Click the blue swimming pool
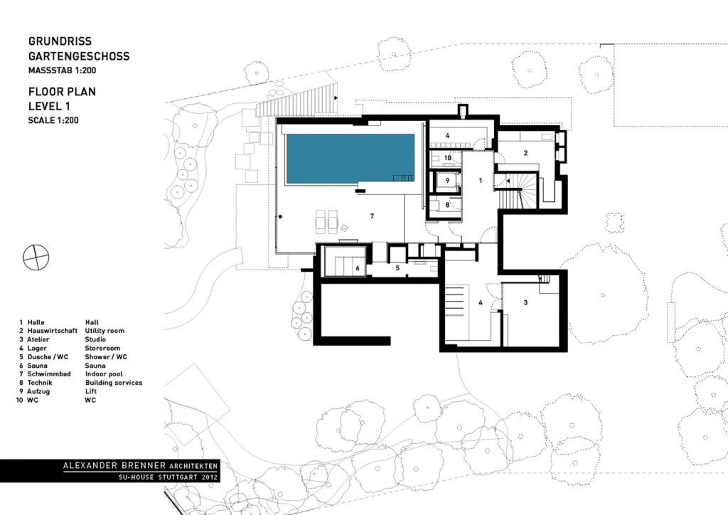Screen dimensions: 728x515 pyautogui.click(x=350, y=159)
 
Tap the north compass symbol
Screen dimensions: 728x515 pyautogui.click(x=36, y=257)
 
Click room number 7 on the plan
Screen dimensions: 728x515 pyautogui.click(x=372, y=216)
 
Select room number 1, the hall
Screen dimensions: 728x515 pyautogui.click(x=481, y=181)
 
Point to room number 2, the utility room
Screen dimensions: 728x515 pyautogui.click(x=525, y=153)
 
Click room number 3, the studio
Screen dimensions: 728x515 pyautogui.click(x=525, y=302)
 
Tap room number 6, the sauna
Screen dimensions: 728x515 pyautogui.click(x=358, y=268)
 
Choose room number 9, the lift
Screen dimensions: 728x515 pyautogui.click(x=448, y=181)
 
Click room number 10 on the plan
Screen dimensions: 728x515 pyautogui.click(x=448, y=158)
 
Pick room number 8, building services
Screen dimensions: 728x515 pyautogui.click(x=448, y=204)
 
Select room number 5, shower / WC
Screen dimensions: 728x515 pyautogui.click(x=397, y=268)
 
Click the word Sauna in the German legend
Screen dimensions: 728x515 pyautogui.click(x=37, y=366)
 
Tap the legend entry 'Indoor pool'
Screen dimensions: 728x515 pyautogui.click(x=104, y=374)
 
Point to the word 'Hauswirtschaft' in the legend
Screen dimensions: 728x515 pyautogui.click(x=53, y=331)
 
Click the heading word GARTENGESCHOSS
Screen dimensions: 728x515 pyautogui.click(x=79, y=56)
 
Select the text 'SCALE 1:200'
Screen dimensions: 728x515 pyautogui.click(x=53, y=120)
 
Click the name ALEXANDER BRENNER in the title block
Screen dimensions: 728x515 pyautogui.click(x=114, y=465)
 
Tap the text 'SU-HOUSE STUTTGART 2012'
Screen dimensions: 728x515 pyautogui.click(x=168, y=477)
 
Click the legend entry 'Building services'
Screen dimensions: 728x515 pyautogui.click(x=114, y=383)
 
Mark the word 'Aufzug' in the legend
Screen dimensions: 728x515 pyautogui.click(x=38, y=391)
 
